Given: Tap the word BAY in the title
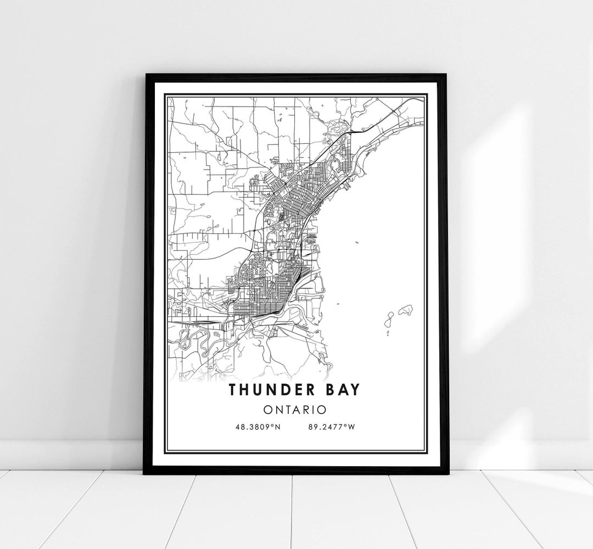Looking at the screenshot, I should pos(341,389).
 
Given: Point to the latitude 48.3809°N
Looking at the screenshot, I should pos(257,427).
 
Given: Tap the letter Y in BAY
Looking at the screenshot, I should pos(356,389).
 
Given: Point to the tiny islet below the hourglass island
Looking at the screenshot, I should pos(388,333).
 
